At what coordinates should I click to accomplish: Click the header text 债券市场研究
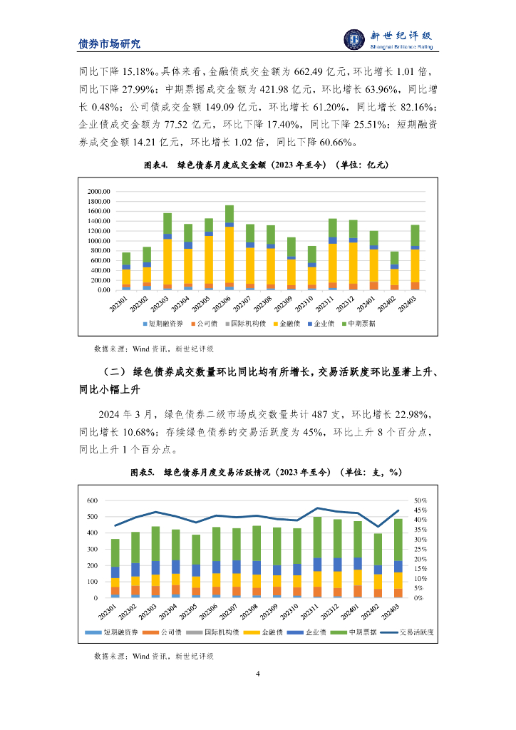(109, 43)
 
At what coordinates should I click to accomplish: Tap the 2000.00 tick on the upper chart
(98, 192)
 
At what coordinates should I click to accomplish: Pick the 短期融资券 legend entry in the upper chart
(162, 323)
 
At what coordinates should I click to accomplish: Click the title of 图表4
(266, 165)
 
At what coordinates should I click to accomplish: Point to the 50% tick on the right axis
(420, 500)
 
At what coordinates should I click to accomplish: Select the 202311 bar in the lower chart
(317, 557)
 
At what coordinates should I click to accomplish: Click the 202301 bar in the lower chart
(115, 568)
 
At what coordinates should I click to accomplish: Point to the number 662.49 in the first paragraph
(279, 72)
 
